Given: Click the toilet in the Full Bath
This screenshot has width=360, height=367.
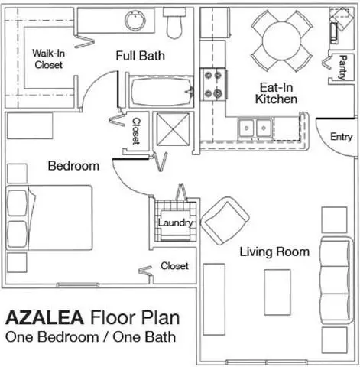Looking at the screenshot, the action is coord(174,23).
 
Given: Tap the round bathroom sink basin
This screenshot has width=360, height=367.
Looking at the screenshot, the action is coord(135,21).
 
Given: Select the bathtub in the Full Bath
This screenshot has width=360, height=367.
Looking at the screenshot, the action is coord(161,92).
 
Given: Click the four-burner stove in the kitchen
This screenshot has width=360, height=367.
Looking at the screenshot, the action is coord(213,85).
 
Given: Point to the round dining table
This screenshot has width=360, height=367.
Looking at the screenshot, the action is coord(281,41).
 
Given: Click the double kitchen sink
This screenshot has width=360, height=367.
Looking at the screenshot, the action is coord(255,128).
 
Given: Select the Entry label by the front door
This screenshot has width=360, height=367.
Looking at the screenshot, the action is coord(342,137).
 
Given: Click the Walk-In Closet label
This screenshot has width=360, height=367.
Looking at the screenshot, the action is coord(48,59).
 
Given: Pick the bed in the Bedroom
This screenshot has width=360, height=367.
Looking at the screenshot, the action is coord(49,218).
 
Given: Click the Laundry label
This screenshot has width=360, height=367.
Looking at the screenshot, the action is coord(176,223).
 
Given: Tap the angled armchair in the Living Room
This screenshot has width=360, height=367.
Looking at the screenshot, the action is coord(225,221).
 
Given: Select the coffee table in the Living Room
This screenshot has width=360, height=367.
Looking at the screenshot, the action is coord(277,292).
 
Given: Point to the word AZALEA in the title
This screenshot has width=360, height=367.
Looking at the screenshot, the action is coord(45,318).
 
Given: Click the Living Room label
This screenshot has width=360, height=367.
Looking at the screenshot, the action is coord(274,252).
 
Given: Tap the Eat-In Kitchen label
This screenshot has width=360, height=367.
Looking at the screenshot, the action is coord(276,93).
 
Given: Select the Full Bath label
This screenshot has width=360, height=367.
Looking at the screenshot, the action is coord(141,56).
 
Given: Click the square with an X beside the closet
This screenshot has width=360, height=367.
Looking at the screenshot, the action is coord(173,129).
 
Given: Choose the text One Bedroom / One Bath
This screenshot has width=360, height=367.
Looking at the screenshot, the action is coord(91,337).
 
